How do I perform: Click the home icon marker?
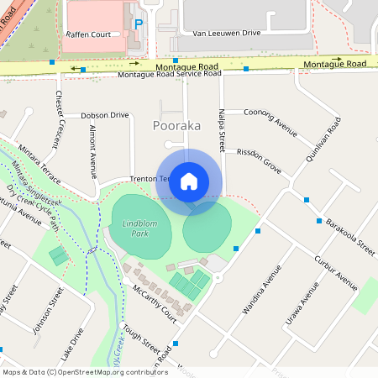tap(189, 181)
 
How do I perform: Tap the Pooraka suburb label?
tap(176, 125)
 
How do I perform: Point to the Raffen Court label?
tap(88, 34)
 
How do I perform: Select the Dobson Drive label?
tap(105, 115)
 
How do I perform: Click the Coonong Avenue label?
tap(270, 123)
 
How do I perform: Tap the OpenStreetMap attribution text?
tap(84, 372)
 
